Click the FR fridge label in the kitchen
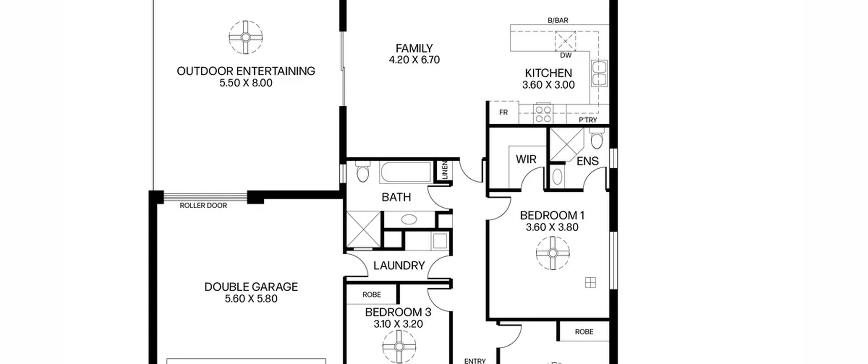click(504, 112)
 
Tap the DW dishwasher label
click(566, 55)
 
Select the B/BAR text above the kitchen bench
click(558, 20)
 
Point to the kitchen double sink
click(599, 73)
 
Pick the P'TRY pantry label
click(588, 120)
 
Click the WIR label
click(526, 159)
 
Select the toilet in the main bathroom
click(363, 172)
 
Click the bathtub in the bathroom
click(405, 173)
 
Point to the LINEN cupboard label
click(445, 170)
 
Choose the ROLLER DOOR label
click(203, 206)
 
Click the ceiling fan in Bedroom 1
click(553, 253)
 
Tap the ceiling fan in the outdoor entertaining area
click(246, 37)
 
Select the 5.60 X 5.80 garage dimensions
click(251, 299)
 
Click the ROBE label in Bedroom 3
click(372, 295)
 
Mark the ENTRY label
click(475, 361)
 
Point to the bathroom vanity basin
click(409, 219)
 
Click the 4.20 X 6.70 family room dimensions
click(414, 60)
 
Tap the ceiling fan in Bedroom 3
click(399, 346)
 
